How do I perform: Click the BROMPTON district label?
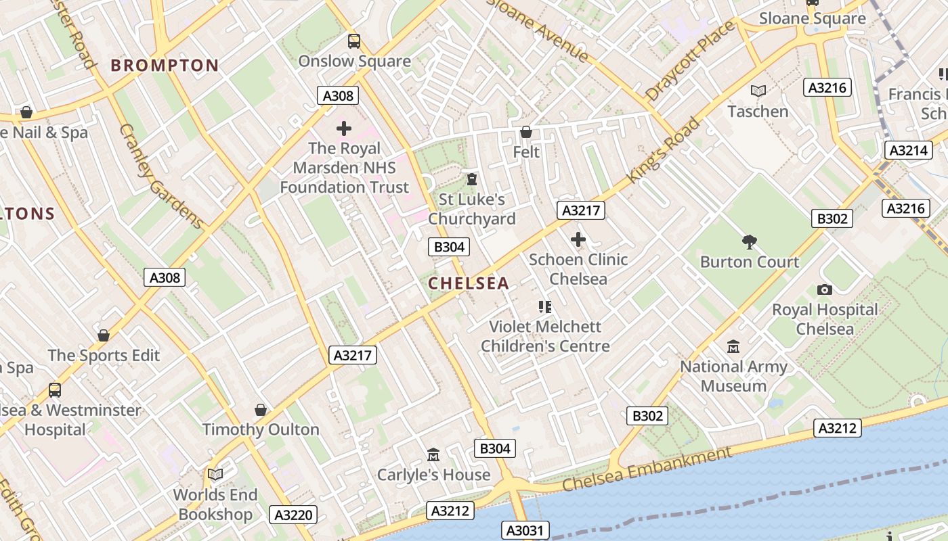click(x=165, y=66)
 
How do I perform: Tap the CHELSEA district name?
click(x=469, y=283)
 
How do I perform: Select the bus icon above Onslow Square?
click(x=354, y=41)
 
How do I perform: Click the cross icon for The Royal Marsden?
click(x=344, y=128)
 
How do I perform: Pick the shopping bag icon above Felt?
click(x=526, y=132)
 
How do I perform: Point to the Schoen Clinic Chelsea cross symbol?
click(x=578, y=239)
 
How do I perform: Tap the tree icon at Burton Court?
click(x=749, y=241)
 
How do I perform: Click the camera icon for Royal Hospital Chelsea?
click(x=824, y=289)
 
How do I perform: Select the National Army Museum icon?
click(x=733, y=347)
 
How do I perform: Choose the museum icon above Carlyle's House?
click(x=433, y=454)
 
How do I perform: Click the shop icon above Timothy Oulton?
click(x=261, y=410)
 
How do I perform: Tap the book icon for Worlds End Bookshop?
click(x=215, y=475)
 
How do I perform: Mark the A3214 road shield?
click(x=907, y=150)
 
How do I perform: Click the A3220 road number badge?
click(x=293, y=515)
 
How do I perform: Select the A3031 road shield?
click(x=525, y=530)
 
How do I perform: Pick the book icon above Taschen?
click(x=758, y=91)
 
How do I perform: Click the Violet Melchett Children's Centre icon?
click(x=545, y=307)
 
